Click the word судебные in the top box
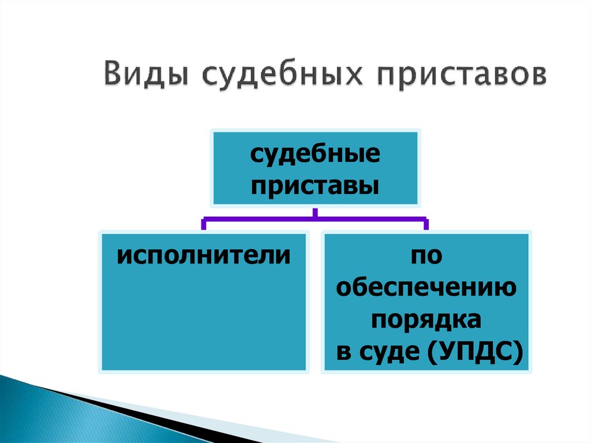tap(315, 156)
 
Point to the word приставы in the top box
tap(315, 185)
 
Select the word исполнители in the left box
tap(203, 255)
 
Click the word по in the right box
tap(426, 255)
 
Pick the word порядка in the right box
tap(426, 319)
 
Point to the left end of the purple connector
tap(203, 224)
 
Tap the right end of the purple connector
tap(426, 224)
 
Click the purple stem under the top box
tap(315, 212)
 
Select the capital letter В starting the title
tap(114, 76)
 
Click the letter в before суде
tap(345, 352)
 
